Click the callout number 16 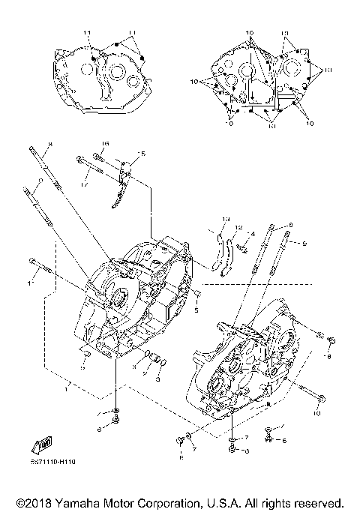point(106,143)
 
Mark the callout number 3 point(158,379)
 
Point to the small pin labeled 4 point(243,244)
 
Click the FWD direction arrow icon point(39,445)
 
